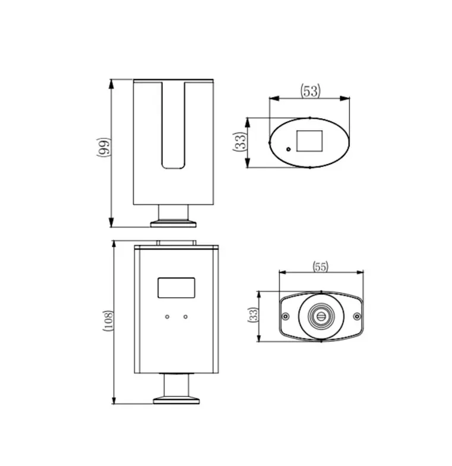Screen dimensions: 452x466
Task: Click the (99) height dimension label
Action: [x=103, y=147]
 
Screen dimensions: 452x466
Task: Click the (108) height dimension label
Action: [x=108, y=321]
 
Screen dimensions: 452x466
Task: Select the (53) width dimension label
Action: [x=311, y=91]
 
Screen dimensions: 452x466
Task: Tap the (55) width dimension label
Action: [x=321, y=266]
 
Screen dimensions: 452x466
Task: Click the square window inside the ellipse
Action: [x=309, y=140]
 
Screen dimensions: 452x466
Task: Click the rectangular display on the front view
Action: [x=176, y=288]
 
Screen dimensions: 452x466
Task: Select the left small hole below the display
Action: [x=167, y=317]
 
